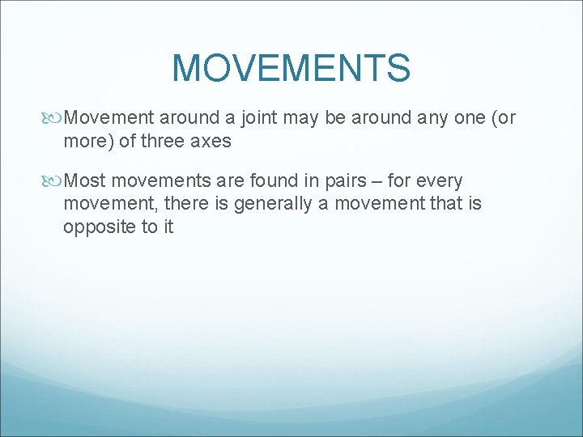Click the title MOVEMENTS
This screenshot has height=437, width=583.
[x=291, y=68]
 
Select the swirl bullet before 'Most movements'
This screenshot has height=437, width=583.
[x=54, y=180]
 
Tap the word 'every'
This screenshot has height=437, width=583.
[x=439, y=180]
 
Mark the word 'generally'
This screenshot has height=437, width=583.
[x=272, y=203]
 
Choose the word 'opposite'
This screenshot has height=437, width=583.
[x=99, y=227]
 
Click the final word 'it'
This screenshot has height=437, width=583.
[x=168, y=227]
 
